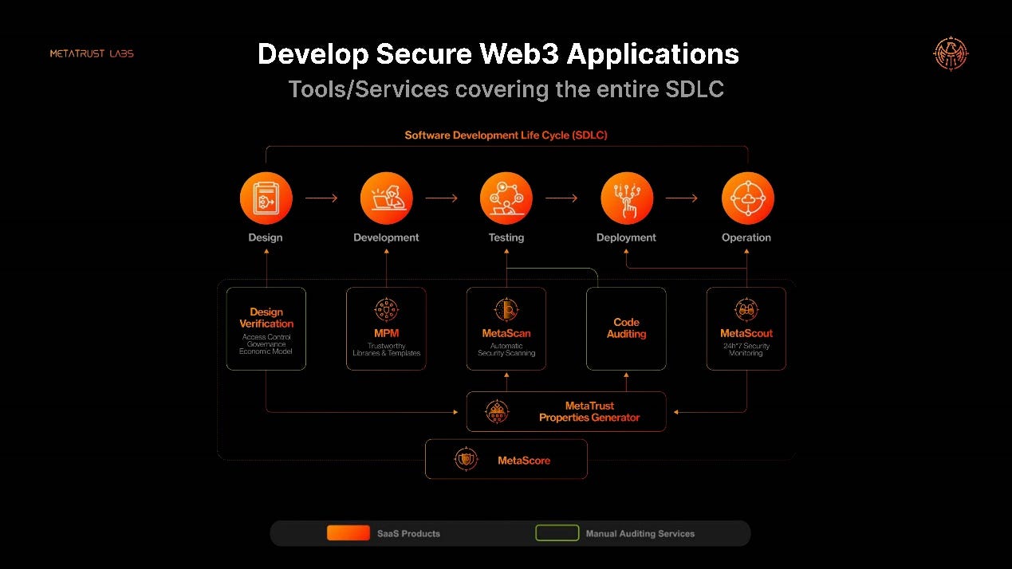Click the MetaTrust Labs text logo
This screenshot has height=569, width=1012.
coord(92,53)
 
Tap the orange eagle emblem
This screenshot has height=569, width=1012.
coord(951,54)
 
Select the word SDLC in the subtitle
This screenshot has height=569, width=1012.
coord(694,89)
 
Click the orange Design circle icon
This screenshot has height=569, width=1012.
coord(266,198)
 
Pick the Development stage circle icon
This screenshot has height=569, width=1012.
coord(386,198)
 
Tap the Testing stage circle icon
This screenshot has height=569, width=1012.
coord(506,198)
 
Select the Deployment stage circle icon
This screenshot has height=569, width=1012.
coord(626,198)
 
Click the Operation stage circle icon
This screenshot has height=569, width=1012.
coord(747,198)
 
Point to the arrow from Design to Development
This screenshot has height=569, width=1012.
coord(321,198)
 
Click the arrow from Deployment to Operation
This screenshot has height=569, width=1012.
coord(682,198)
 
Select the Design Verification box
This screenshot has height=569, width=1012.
coord(266,328)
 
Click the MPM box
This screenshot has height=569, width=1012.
coord(386,328)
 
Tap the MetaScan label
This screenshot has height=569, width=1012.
coord(506,333)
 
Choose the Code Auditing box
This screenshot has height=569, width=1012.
coord(626,328)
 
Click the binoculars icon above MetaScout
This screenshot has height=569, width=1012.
coord(746,310)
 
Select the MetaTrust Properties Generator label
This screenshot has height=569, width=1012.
coord(589,411)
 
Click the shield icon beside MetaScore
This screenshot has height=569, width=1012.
coord(466,459)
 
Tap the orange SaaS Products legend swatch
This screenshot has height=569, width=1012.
coord(348,533)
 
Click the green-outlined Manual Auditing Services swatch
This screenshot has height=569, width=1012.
coord(557,533)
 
